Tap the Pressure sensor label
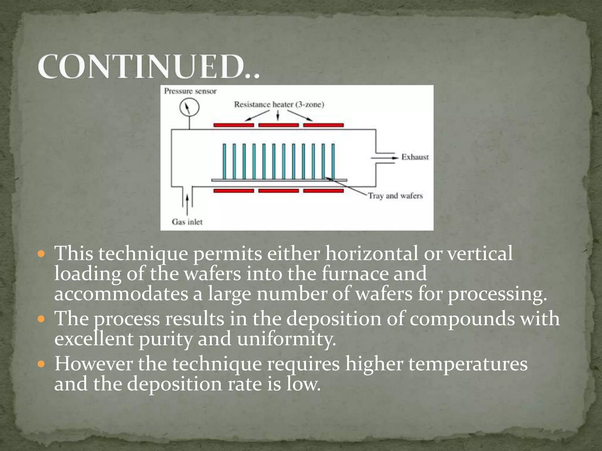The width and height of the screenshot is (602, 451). click(190, 91)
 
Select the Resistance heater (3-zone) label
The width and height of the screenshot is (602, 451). click(279, 105)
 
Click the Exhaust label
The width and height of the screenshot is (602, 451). click(415, 157)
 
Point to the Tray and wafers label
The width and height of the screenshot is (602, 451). click(395, 196)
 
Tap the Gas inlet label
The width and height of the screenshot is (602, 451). click(187, 222)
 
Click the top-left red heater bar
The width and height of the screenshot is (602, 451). click(234, 125)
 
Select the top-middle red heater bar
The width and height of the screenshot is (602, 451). click(278, 125)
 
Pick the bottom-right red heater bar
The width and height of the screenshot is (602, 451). click(323, 191)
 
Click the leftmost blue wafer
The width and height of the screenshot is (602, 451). click(224, 161)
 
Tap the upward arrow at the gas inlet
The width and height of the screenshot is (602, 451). click(187, 203)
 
